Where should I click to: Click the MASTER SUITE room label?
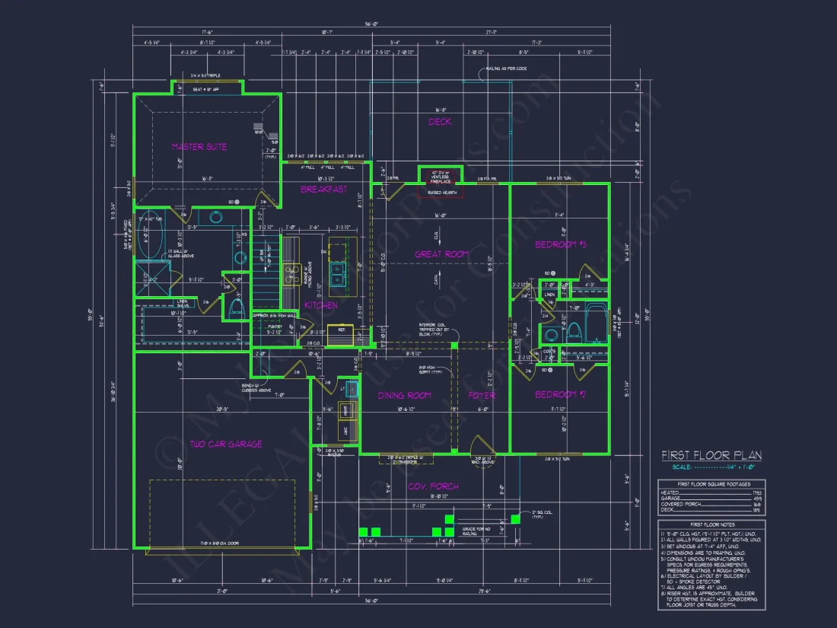[x=199, y=146]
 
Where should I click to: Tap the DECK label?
[x=440, y=122]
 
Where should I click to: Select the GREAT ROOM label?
[x=441, y=253]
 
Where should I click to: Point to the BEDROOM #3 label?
[x=559, y=244]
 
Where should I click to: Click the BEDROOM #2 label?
[x=559, y=394]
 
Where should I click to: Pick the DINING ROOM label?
[x=405, y=395]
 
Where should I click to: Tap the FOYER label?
[x=482, y=395]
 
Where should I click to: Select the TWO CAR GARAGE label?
[x=226, y=444]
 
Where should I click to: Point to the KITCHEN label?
[x=321, y=305]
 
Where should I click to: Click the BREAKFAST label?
[x=323, y=189]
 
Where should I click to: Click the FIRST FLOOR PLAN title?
[x=711, y=456]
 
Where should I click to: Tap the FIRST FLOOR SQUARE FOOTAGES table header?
[x=711, y=484]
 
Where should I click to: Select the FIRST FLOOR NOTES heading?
[x=711, y=525]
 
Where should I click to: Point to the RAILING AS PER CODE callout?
[x=507, y=69]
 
